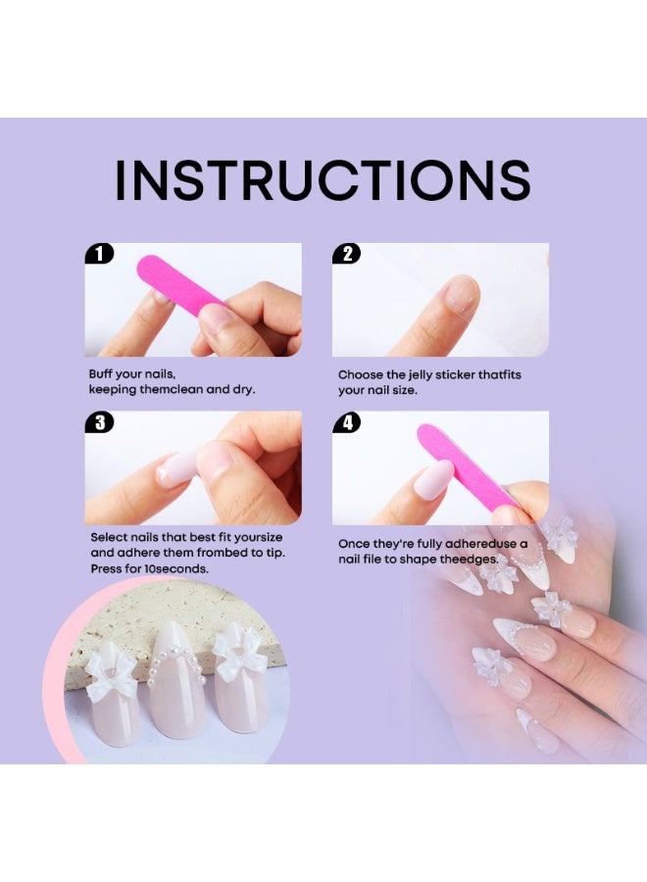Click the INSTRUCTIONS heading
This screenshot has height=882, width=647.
coord(323,180)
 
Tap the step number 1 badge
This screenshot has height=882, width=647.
coord(99,254)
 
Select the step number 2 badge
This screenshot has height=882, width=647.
coord(347,254)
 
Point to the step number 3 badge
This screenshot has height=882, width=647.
coord(99,421)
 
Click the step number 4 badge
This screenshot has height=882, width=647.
coord(347,421)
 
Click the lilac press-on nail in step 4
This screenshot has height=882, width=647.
coord(433,478)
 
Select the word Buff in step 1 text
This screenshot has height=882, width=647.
coord(101,374)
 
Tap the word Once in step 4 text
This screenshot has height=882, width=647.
coord(353,544)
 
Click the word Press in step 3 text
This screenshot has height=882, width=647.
coord(106,568)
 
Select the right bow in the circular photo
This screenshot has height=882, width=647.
coord(237,655)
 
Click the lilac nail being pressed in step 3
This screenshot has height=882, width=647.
coord(177,465)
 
